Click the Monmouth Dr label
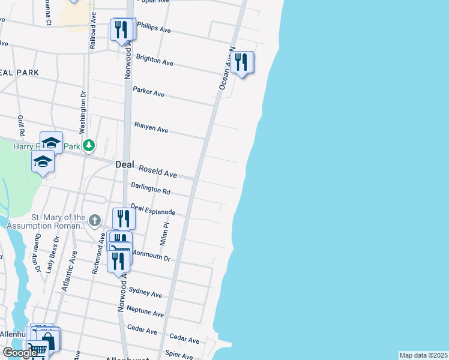[151, 256]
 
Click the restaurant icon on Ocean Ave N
[241, 62]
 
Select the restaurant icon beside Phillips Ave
[121, 29]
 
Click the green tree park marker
[89, 145]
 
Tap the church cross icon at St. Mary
[94, 221]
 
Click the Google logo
[19, 353]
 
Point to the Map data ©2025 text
[423, 355]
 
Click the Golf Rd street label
[21, 125]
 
